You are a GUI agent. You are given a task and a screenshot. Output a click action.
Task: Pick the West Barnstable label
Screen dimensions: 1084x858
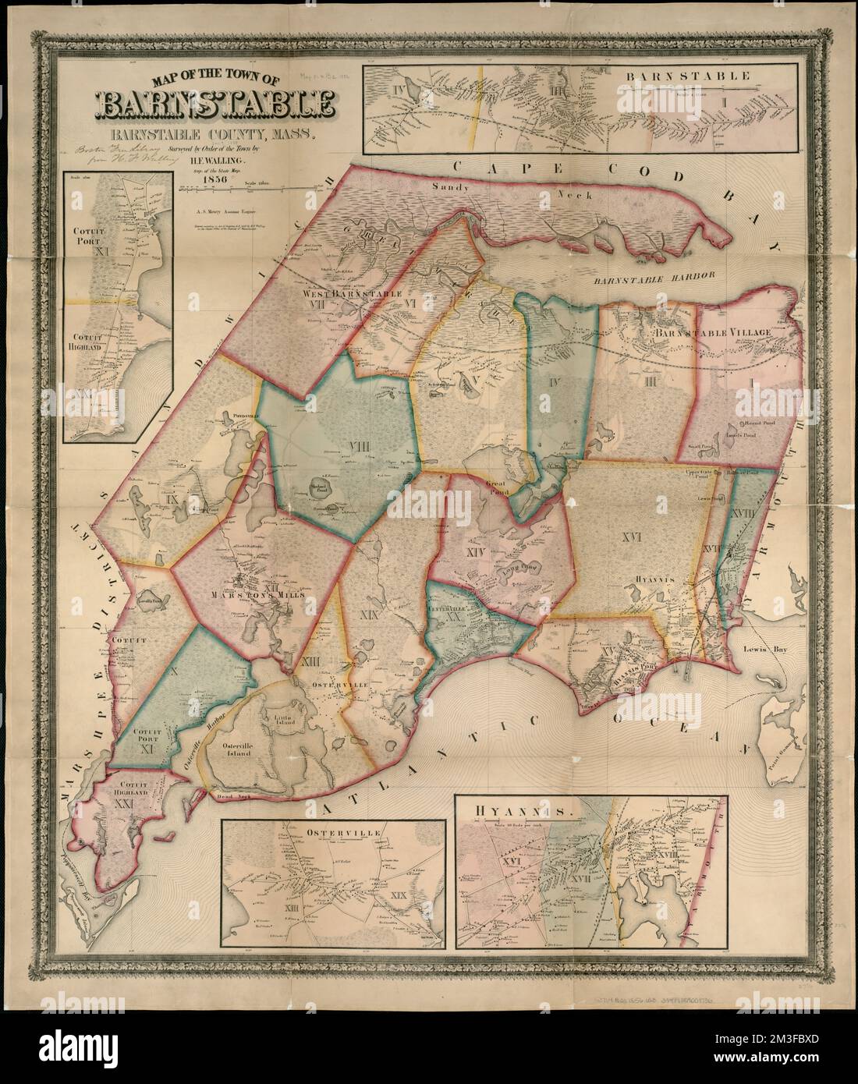pos(353,294)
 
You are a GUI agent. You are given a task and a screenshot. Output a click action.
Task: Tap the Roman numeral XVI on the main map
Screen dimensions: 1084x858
pos(633,537)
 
